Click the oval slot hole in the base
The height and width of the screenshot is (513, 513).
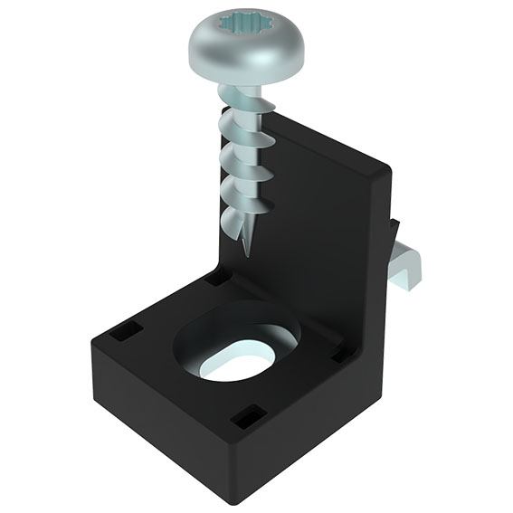click(237, 363)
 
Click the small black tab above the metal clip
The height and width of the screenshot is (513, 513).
click(394, 229)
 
